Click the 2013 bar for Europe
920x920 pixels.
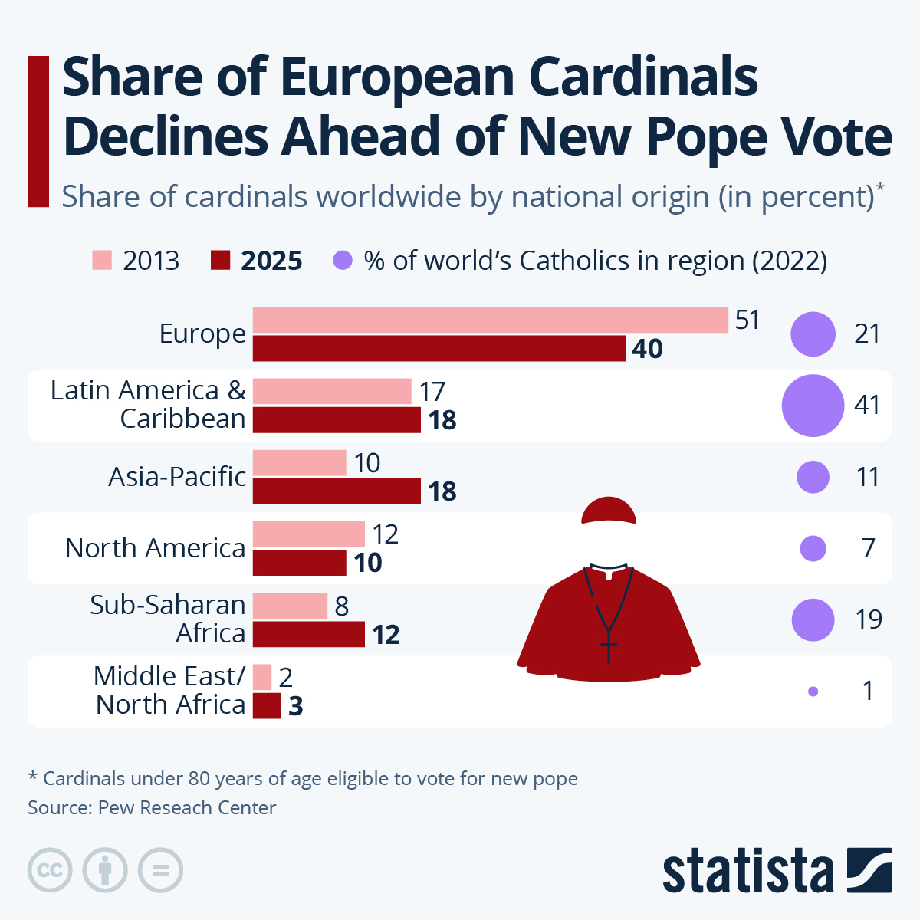point(491,320)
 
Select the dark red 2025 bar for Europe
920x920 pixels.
point(439,349)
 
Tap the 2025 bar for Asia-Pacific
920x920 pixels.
point(337,491)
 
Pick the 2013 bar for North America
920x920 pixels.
point(308,534)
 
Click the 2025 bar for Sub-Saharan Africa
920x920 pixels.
point(308,634)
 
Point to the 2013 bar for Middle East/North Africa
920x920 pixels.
point(262,677)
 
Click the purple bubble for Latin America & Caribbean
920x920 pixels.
point(813,406)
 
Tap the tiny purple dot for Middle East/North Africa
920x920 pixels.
point(813,692)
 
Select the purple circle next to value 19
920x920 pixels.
point(813,619)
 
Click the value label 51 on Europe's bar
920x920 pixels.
point(747,320)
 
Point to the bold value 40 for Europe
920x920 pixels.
point(647,349)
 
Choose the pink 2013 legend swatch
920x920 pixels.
point(102,261)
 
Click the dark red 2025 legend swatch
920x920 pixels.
point(220,261)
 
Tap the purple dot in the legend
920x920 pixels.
point(343,261)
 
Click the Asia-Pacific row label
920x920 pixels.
point(177,477)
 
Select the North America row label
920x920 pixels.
point(156,548)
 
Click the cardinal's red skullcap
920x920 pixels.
point(609,511)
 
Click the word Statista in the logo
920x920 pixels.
point(747,871)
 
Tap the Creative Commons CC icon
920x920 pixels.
point(51,871)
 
